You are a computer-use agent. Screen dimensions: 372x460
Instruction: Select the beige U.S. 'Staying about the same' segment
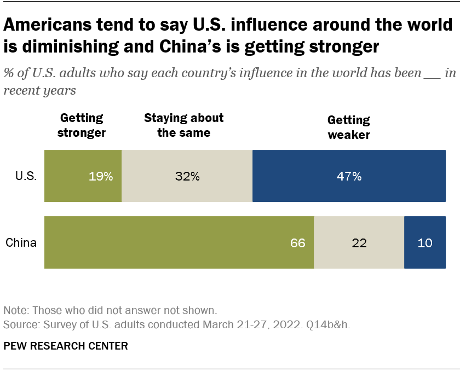pos(187,176)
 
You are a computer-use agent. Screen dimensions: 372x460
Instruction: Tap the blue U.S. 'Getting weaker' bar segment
pos(349,176)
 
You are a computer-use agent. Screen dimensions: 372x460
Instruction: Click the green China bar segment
pos(179,242)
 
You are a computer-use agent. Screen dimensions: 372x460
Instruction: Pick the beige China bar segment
pos(359,242)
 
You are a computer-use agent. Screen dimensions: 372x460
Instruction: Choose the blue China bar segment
pos(424,242)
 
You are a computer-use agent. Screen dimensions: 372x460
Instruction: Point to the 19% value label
pos(101,176)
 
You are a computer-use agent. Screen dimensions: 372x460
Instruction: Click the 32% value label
pos(188,176)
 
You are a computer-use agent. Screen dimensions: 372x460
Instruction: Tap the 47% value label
pos(349,176)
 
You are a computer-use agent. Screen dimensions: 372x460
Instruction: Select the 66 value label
pos(297,242)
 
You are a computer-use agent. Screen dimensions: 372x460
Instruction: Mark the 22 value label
pos(359,242)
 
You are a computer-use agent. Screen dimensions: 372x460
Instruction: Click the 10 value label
pos(425,242)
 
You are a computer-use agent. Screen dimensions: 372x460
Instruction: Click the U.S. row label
pos(26,176)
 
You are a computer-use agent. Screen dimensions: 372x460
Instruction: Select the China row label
pos(21,242)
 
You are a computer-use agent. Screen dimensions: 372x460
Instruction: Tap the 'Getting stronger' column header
pos(82,125)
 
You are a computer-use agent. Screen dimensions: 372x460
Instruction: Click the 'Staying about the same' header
pos(183,125)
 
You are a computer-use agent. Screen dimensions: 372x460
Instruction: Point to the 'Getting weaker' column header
pos(349,127)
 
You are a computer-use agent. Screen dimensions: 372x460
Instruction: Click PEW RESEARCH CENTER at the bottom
pos(66,346)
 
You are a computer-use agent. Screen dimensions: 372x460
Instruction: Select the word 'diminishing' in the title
pos(68,47)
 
